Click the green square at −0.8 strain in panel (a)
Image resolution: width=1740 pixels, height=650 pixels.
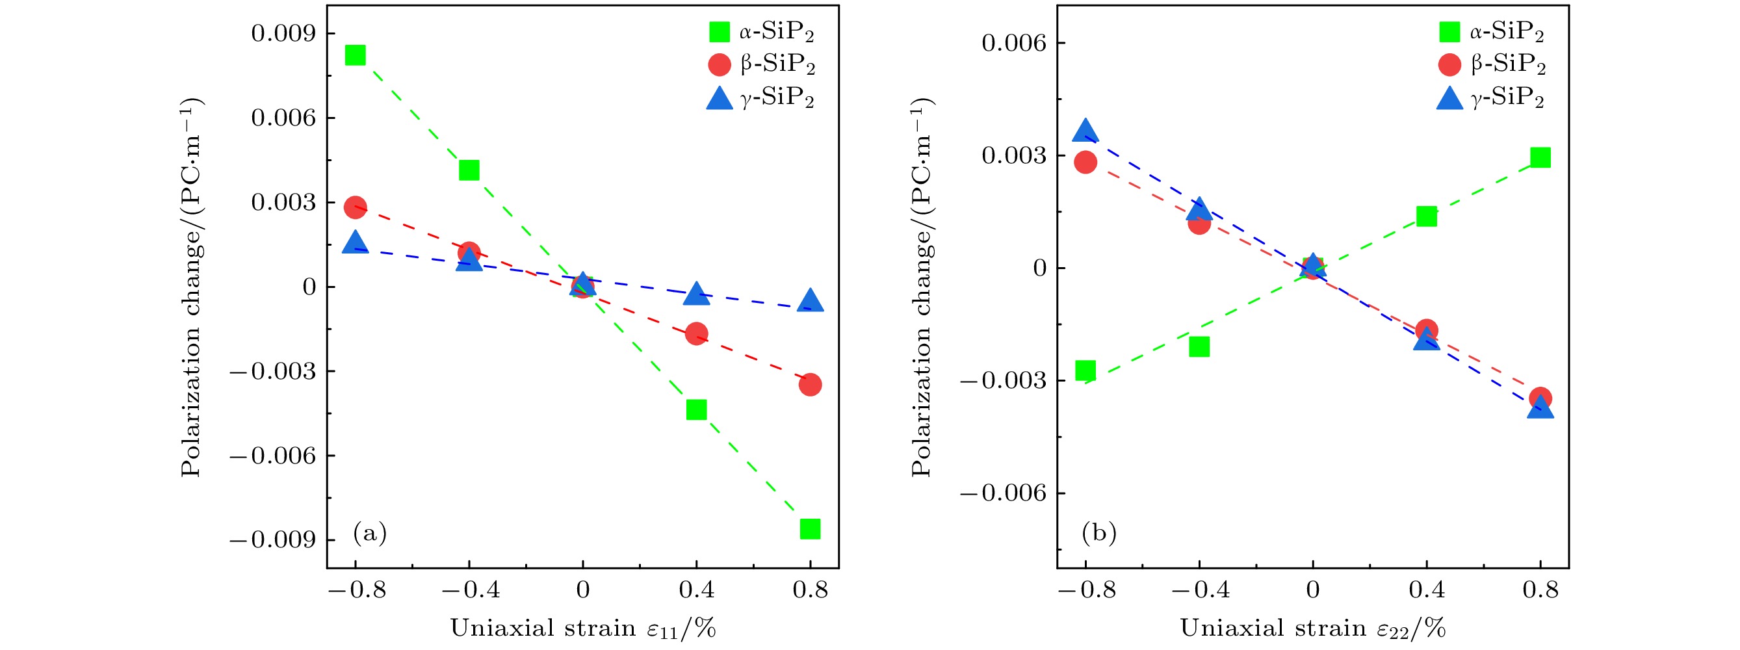(x=356, y=55)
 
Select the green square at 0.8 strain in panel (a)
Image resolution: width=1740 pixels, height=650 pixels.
(x=810, y=528)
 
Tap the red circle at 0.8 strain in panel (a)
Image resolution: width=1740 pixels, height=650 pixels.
(x=810, y=384)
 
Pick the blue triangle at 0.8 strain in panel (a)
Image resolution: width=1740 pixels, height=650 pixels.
(x=810, y=301)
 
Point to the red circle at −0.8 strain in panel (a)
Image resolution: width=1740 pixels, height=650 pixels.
(x=356, y=207)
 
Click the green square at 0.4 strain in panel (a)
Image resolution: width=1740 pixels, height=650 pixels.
(x=696, y=409)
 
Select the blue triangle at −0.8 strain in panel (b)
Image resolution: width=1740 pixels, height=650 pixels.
(x=1085, y=131)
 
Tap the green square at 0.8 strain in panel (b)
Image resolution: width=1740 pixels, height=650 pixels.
(x=1540, y=157)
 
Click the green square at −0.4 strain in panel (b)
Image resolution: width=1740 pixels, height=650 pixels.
(x=1199, y=346)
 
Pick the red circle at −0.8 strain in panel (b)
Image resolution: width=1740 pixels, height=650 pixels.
(x=1085, y=162)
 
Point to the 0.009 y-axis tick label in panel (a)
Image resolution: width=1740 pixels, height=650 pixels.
(x=283, y=33)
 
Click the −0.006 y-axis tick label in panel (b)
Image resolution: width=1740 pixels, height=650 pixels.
(x=1003, y=493)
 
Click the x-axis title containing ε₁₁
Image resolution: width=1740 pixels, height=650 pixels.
(x=582, y=629)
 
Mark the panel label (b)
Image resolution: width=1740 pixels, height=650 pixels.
(x=1099, y=532)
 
